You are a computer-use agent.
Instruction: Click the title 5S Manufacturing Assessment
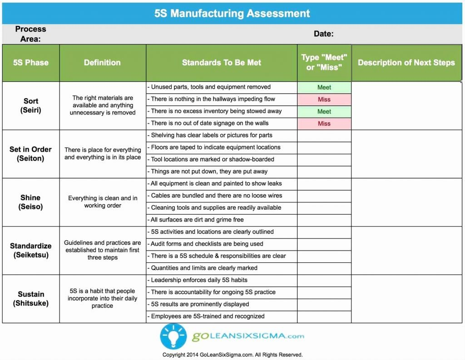pyautogui.click(x=232, y=13)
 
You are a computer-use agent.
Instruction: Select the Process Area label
pyautogui.click(x=30, y=34)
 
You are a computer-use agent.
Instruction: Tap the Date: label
pyautogui.click(x=323, y=34)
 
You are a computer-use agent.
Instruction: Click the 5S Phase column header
pyautogui.click(x=31, y=63)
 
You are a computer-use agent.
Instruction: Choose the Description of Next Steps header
pyautogui.click(x=406, y=63)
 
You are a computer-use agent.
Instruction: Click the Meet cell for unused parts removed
pyautogui.click(x=324, y=87)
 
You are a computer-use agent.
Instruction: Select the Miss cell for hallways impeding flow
pyautogui.click(x=324, y=99)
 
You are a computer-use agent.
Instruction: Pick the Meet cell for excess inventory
pyautogui.click(x=324, y=111)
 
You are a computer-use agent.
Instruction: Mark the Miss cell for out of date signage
pyautogui.click(x=324, y=123)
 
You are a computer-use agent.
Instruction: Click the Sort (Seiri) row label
pyautogui.click(x=31, y=105)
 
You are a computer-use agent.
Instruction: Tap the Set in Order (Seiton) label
pyautogui.click(x=31, y=153)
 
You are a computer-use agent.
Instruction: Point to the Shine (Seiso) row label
pyautogui.click(x=30, y=202)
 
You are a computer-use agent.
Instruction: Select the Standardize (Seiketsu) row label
pyautogui.click(x=31, y=250)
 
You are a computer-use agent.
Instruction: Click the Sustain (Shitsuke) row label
pyautogui.click(x=31, y=298)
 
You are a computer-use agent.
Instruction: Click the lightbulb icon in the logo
pyautogui.click(x=173, y=336)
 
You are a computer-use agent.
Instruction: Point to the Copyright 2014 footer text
pyautogui.click(x=232, y=355)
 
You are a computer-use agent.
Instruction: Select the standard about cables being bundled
pyautogui.click(x=217, y=196)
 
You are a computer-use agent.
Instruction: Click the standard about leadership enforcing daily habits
pyautogui.click(x=199, y=280)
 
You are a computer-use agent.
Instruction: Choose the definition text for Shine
pyautogui.click(x=103, y=202)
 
